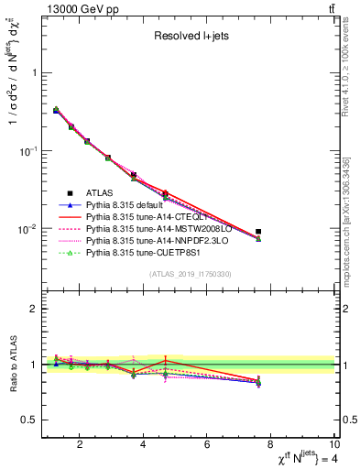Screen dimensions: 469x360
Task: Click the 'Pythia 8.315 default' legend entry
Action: tap(129, 205)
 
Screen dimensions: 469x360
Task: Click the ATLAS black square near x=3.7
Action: tap(134, 174)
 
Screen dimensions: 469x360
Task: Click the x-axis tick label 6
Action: tap(208, 445)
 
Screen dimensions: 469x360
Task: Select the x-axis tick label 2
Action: tap(81, 445)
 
